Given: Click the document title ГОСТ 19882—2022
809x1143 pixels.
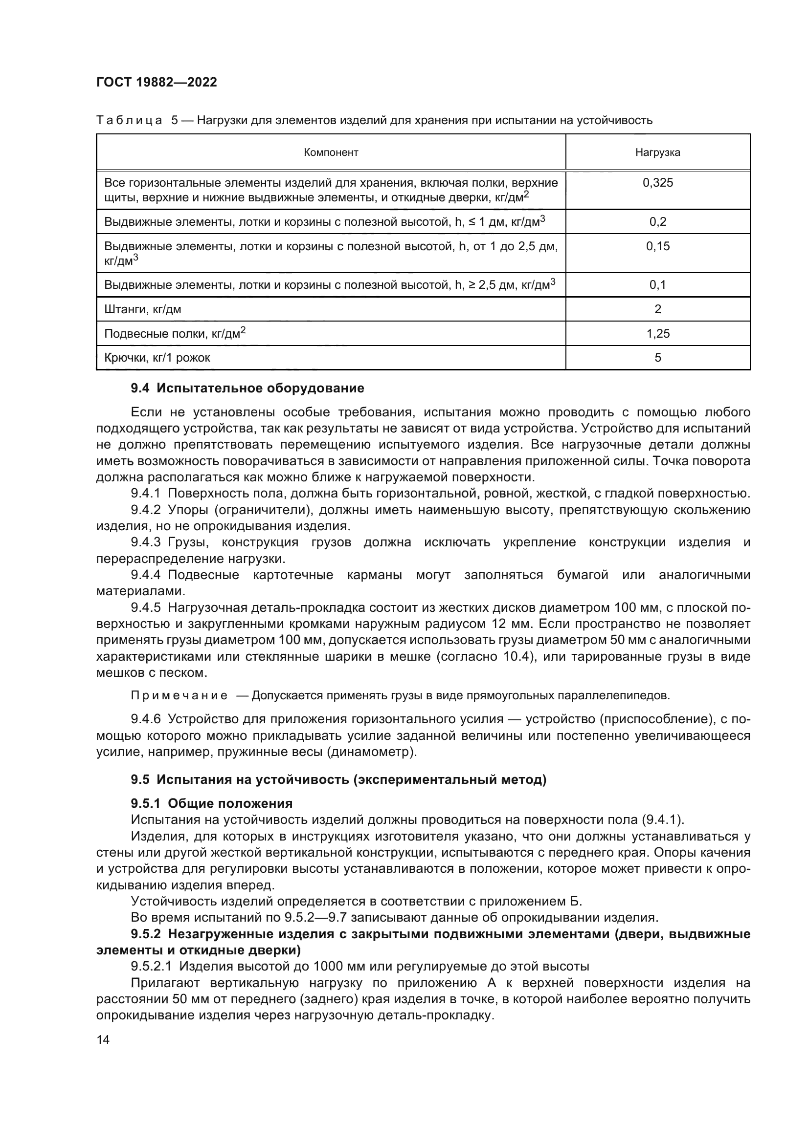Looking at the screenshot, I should coord(157,82).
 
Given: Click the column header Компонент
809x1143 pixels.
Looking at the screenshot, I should coord(331,152).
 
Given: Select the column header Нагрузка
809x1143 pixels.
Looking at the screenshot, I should coord(657,152).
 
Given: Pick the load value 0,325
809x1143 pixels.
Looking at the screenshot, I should coord(657,183).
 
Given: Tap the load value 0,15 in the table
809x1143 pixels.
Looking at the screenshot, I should coord(657,246).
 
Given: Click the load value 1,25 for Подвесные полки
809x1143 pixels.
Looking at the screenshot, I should coord(657,334).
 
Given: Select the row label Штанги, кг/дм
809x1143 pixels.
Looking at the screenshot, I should coord(142,310).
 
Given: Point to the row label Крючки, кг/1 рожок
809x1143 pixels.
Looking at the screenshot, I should coord(157,358).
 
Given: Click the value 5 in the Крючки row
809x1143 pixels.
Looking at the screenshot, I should coord(657,358).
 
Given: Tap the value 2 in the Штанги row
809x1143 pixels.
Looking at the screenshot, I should coord(657,310).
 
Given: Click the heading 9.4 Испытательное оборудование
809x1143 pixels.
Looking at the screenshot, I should coord(247,388).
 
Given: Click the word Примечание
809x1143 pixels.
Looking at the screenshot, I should coord(179,695).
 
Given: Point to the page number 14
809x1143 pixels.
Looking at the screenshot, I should coord(103,1040).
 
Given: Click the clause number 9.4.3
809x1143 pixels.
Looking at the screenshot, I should coord(145,542).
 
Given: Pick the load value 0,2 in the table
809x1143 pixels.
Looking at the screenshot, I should coord(657,222).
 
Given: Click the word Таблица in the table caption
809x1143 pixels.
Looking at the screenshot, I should coord(129,121).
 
